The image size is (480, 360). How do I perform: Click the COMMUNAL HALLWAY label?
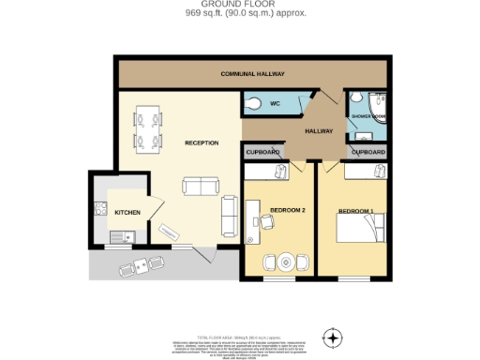[x=252, y=74]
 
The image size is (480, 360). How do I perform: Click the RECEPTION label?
[x=202, y=142]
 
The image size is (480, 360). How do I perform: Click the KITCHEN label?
[x=127, y=212]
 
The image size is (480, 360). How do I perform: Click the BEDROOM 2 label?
[x=288, y=209]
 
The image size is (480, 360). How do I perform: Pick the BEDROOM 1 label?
[x=355, y=210]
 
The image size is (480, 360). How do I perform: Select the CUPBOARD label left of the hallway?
[x=262, y=151]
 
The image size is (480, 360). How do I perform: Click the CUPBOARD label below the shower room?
[x=367, y=151]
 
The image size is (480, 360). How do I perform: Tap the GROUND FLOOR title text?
[x=240, y=5]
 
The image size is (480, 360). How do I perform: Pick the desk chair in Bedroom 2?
[x=266, y=221]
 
